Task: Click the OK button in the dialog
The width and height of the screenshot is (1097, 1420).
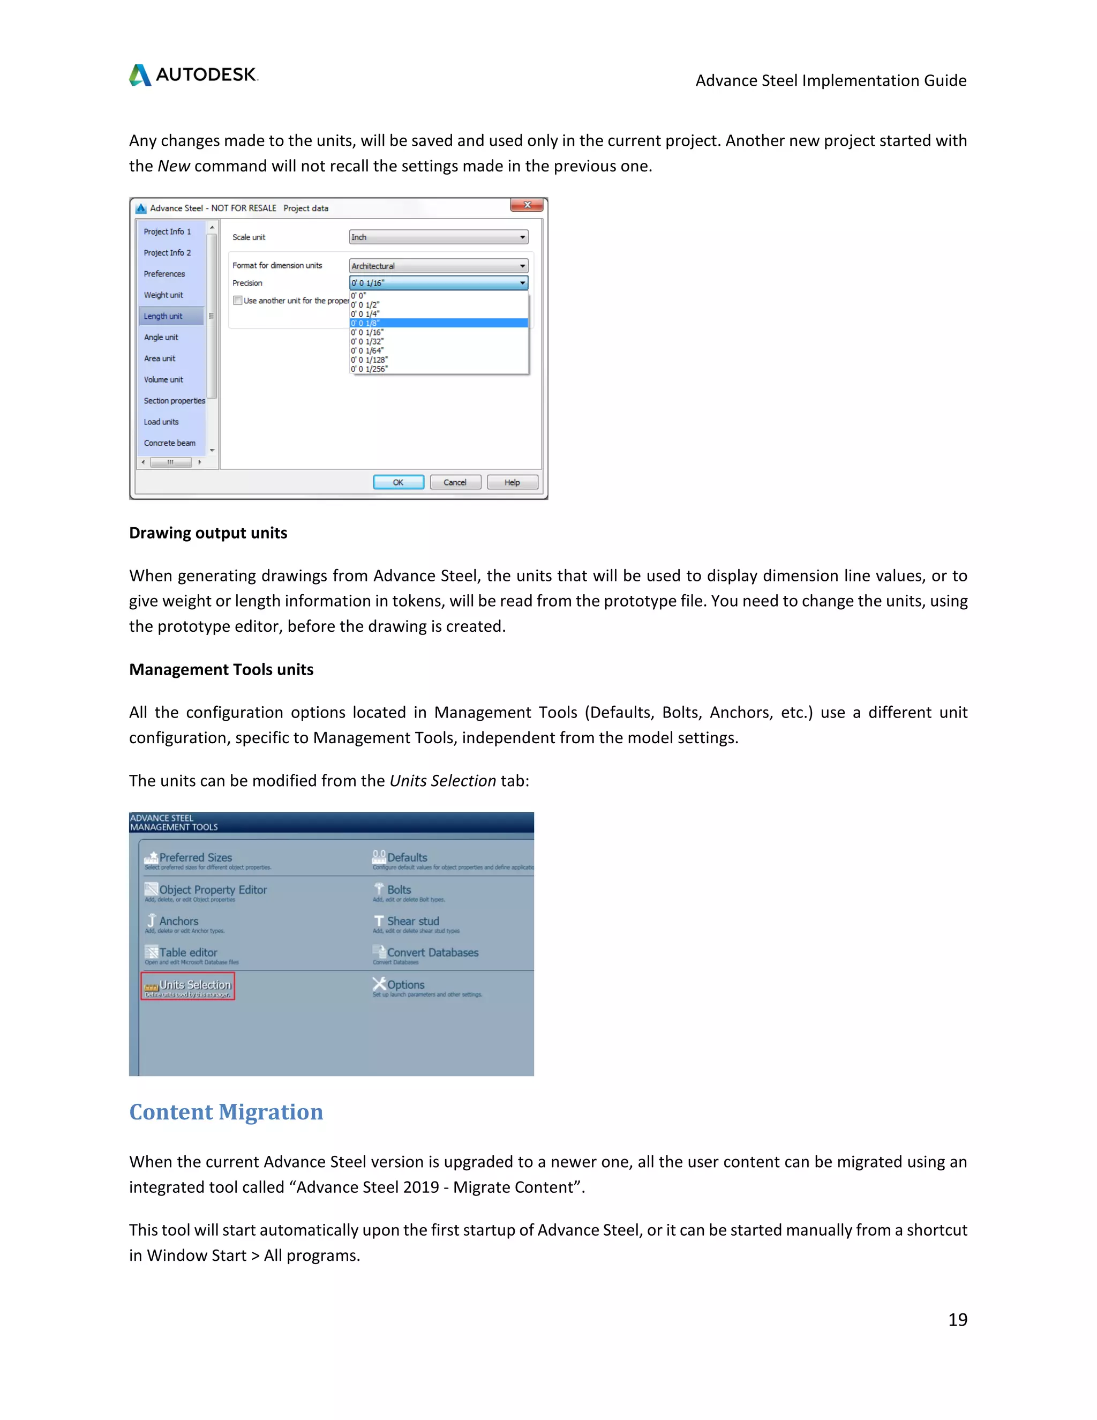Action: point(398,482)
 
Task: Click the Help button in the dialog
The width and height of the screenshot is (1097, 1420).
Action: point(512,482)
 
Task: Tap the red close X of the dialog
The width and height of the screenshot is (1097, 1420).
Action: point(527,205)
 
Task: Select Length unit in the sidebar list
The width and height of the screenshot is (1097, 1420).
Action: point(163,317)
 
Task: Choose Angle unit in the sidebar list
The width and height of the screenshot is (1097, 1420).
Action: point(161,338)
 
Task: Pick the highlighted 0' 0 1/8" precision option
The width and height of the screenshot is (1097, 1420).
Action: point(438,323)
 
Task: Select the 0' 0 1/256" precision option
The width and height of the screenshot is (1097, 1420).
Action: point(369,369)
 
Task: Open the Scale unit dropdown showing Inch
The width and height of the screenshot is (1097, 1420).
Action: point(438,237)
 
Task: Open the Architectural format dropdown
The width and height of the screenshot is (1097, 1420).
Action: point(438,266)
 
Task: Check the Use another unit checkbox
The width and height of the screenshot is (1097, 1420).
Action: point(238,301)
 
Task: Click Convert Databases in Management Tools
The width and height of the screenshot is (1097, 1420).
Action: point(432,953)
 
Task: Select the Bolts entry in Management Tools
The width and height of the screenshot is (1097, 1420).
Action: point(399,890)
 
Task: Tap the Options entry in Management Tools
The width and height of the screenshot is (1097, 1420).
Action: point(405,985)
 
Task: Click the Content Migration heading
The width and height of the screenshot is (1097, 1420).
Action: point(226,1112)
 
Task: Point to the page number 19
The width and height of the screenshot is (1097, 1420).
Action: point(957,1319)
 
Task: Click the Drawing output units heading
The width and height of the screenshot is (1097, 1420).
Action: point(208,533)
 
